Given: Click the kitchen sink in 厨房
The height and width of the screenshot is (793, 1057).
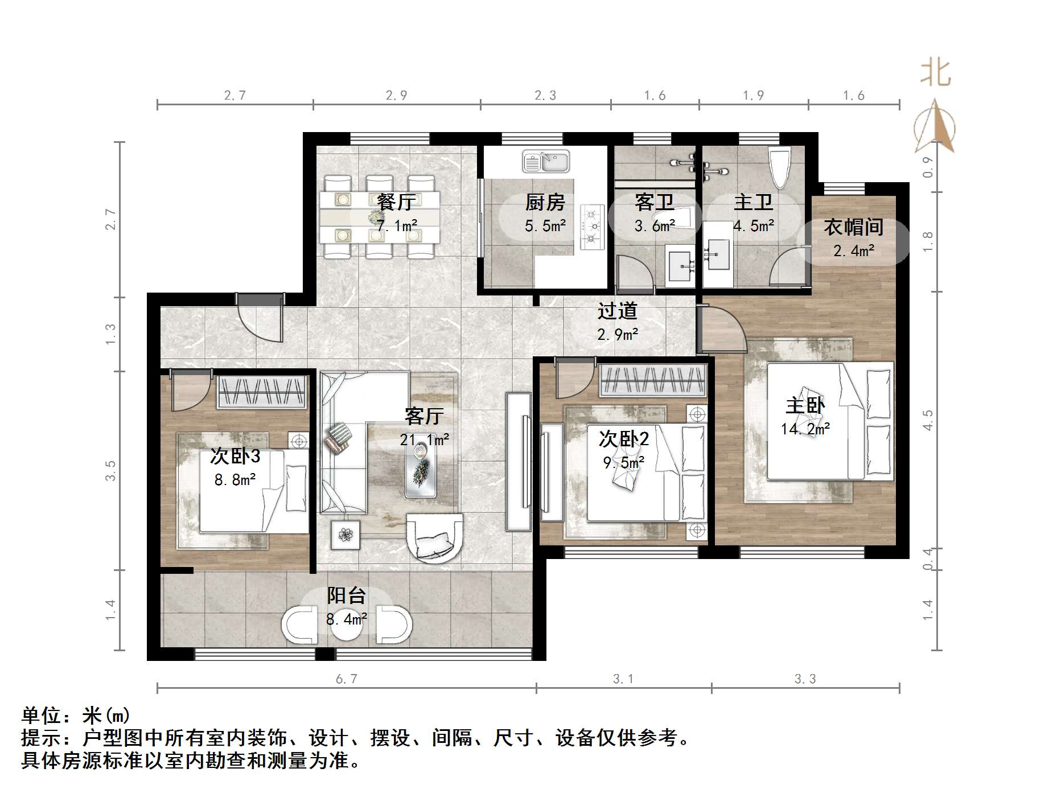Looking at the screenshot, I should click(x=546, y=162).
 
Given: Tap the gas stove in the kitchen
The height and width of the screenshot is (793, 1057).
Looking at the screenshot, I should click(x=591, y=227).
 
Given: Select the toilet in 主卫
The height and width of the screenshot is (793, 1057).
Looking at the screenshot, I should click(x=778, y=167).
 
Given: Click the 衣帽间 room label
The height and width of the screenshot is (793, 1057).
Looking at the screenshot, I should click(x=853, y=227).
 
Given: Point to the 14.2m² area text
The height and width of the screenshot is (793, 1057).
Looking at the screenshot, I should click(x=805, y=429).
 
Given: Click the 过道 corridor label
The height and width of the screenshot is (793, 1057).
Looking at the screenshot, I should click(x=617, y=311).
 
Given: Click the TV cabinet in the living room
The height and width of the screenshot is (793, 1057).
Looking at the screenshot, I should click(x=518, y=461).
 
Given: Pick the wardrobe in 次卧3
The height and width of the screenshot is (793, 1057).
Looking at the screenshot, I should click(x=262, y=392).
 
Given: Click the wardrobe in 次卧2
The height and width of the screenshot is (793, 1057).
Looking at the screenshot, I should click(x=653, y=380).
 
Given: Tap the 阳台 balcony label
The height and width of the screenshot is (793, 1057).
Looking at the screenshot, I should click(x=346, y=595).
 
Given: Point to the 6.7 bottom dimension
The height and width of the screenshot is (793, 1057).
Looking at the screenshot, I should click(x=346, y=679).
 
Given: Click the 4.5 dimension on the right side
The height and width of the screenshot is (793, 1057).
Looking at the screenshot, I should click(x=928, y=420).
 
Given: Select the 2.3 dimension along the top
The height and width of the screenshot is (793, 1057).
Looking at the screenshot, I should click(x=545, y=96).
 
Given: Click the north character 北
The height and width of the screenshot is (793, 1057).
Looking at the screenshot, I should click(x=935, y=73).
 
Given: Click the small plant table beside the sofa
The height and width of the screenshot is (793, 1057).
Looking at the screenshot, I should click(x=345, y=534).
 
